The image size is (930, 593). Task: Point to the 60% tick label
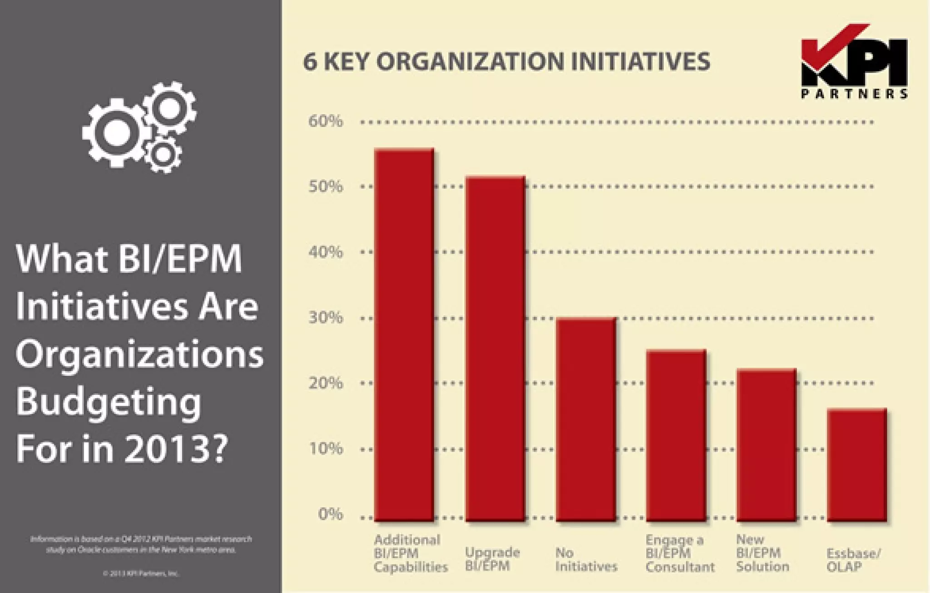(326, 121)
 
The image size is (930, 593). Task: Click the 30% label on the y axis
(326, 318)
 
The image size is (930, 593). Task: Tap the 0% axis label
(330, 514)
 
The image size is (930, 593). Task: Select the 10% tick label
(326, 449)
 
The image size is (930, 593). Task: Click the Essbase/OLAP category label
(853, 560)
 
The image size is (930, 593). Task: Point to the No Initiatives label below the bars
(586, 559)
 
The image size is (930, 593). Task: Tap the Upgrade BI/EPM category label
(492, 559)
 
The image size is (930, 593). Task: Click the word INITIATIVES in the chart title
(640, 62)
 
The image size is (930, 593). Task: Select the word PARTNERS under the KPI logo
(854, 94)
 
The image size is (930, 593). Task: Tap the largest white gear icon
(117, 132)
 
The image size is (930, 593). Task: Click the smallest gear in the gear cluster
(163, 154)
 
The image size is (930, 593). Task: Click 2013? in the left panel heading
(175, 449)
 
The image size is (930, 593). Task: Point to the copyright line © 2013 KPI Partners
(141, 573)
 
